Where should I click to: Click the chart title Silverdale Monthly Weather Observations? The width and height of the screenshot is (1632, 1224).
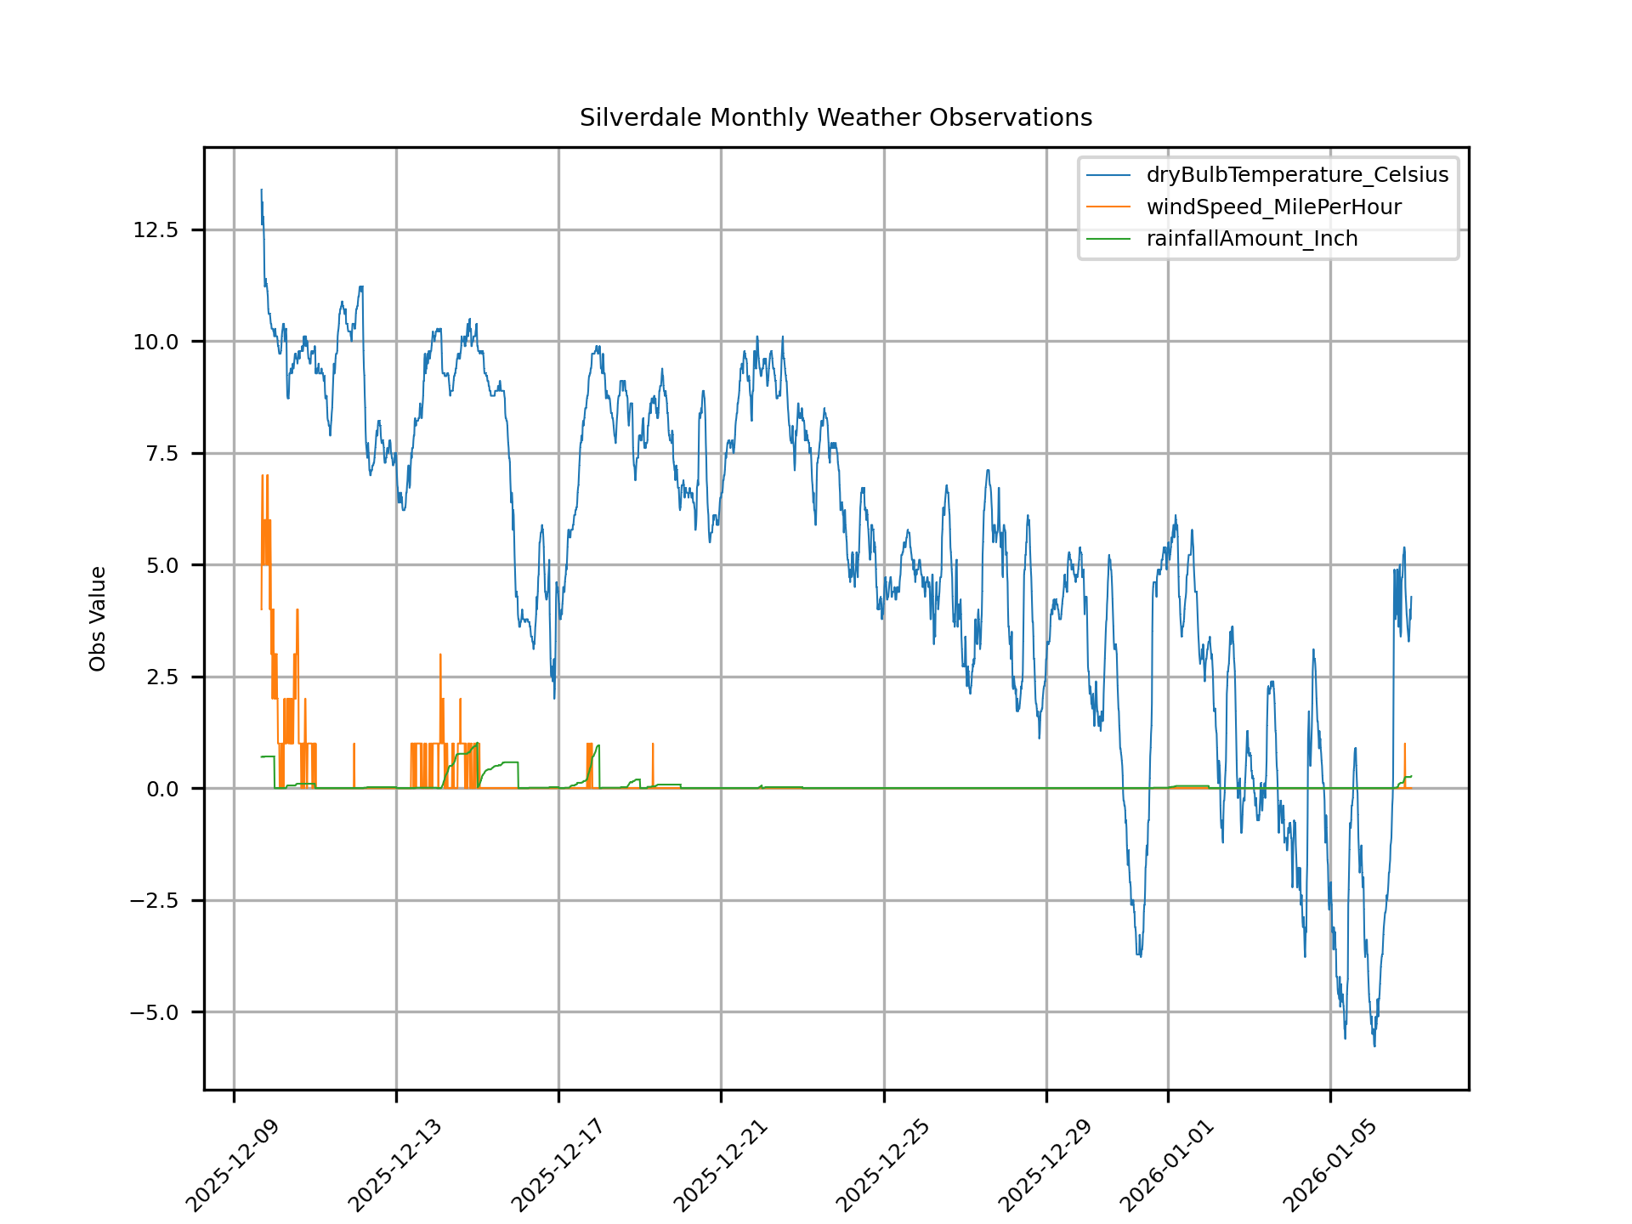coord(836,117)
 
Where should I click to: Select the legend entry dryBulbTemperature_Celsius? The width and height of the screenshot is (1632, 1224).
coord(1296,175)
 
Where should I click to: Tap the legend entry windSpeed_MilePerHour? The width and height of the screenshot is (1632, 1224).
coord(1273,207)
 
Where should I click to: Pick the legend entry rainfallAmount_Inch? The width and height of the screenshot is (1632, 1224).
coord(1251,239)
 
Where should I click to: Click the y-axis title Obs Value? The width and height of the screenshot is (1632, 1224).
coord(98,618)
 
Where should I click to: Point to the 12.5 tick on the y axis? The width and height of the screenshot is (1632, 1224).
coord(156,230)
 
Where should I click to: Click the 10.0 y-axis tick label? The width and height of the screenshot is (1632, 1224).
coord(156,342)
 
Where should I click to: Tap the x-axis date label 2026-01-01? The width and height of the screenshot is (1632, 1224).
coord(1165,1166)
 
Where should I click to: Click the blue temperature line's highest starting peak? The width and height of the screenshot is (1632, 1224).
coord(261,190)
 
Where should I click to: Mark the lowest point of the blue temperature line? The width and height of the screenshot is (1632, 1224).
coord(1374,1045)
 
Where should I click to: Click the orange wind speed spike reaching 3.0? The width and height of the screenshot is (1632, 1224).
coord(440,655)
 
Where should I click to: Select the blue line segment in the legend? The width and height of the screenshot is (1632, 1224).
coord(1108,175)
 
